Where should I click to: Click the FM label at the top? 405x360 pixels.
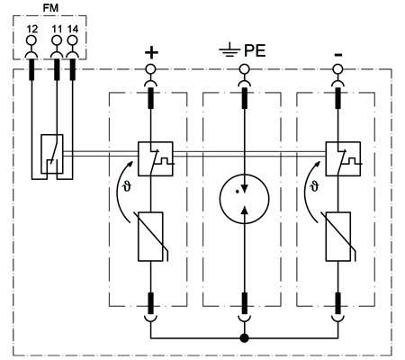pos(50,7)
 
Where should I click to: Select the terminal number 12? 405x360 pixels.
pos(32,29)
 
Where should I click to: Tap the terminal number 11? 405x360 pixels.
pos(57,29)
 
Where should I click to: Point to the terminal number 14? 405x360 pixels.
pos(73,29)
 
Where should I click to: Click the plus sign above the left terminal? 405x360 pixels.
pos(151,52)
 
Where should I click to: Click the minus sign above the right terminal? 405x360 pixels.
pos(338,55)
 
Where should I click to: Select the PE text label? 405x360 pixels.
pos(255,50)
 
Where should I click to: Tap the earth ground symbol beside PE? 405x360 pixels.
pos(229,49)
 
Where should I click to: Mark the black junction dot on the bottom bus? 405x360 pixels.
pos(245,338)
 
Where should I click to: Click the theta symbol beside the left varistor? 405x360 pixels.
pos(127,187)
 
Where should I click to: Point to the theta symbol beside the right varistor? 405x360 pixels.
pos(315,186)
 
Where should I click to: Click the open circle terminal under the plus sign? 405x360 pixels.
pos(150,69)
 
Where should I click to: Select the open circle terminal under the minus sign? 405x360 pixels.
pos(338,69)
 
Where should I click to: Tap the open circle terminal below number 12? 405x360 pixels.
pos(31,40)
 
